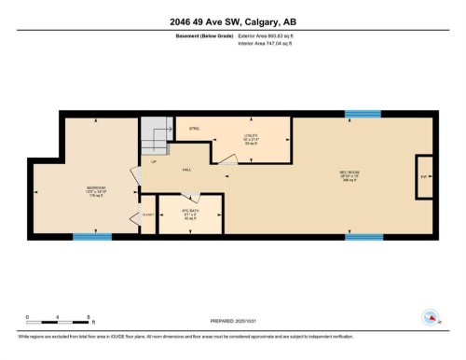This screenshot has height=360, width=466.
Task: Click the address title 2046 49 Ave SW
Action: [x=232, y=22]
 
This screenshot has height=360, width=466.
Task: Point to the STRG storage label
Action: [x=195, y=128]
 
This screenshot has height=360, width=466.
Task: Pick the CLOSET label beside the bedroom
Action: [x=147, y=215]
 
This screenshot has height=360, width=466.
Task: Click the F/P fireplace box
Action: [x=424, y=176]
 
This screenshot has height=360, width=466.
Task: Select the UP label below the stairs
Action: [x=154, y=163]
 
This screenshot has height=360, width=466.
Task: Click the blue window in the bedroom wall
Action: [x=92, y=237]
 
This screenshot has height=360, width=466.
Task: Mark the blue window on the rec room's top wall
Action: [x=362, y=114]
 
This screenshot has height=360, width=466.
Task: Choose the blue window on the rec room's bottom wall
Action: [x=363, y=237]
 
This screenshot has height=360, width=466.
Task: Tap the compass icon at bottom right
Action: [x=431, y=317]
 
